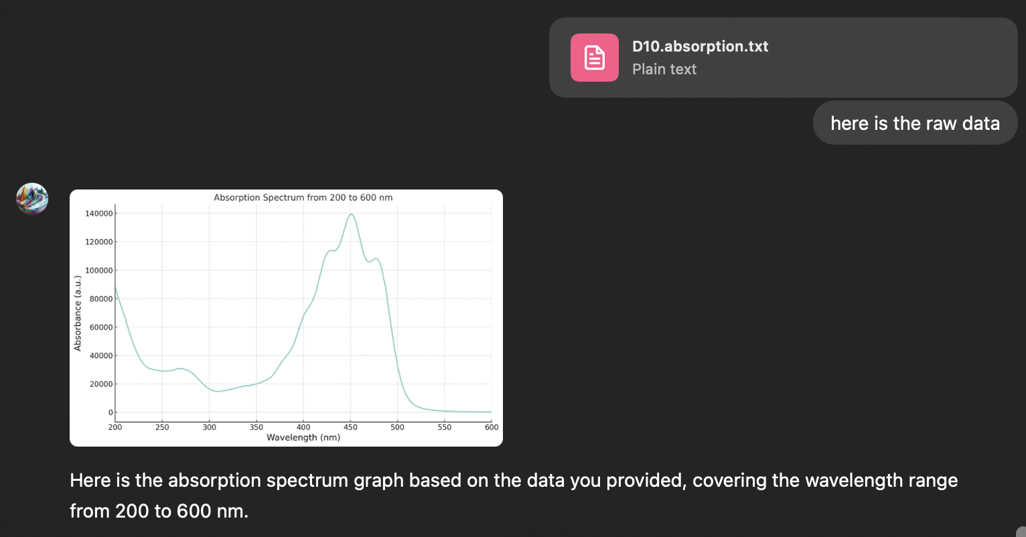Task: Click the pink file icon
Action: click(594, 58)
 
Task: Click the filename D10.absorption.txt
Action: click(700, 46)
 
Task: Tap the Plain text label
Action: click(664, 69)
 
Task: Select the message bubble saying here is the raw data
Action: click(915, 123)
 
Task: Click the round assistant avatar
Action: click(32, 199)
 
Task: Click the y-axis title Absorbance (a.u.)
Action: click(78, 313)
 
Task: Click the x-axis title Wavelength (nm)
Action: click(303, 438)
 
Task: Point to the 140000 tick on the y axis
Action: click(98, 214)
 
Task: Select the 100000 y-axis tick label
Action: click(98, 271)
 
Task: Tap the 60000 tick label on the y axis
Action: click(100, 327)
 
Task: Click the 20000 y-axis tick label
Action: click(100, 384)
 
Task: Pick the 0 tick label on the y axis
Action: click(111, 412)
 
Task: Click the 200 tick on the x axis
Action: click(115, 427)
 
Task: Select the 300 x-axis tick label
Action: click(210, 427)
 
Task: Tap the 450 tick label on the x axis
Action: click(350, 427)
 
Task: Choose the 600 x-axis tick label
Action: click(492, 427)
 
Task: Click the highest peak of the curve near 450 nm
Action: click(351, 214)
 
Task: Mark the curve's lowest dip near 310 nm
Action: click(218, 391)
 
